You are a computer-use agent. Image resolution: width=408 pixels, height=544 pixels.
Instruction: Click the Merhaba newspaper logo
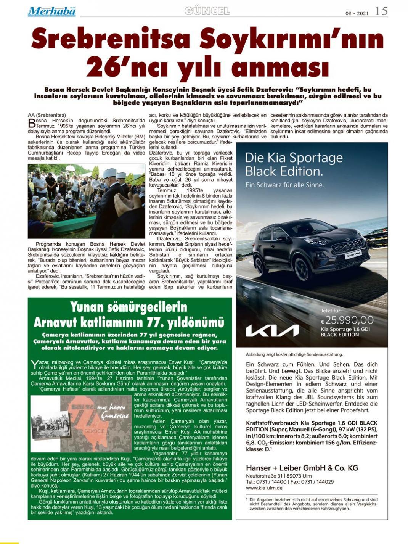51,12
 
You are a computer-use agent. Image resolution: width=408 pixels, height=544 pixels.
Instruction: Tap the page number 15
381,11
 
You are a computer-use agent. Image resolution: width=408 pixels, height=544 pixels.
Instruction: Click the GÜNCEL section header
207,11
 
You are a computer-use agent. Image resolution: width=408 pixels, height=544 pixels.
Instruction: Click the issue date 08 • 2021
357,13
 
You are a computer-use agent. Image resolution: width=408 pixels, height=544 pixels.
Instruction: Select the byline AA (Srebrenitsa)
47,115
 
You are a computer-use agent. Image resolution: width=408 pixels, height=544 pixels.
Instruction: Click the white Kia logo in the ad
272,330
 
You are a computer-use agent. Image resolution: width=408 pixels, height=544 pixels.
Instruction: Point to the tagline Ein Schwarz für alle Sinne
284,185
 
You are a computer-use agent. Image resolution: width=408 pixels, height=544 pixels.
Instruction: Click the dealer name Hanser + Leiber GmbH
302,468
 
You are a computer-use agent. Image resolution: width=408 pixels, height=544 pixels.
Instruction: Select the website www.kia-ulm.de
264,488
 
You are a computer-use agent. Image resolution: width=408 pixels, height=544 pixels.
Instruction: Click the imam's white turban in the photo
110,173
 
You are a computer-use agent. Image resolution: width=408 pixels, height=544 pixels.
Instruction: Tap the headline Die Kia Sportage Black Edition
294,164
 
